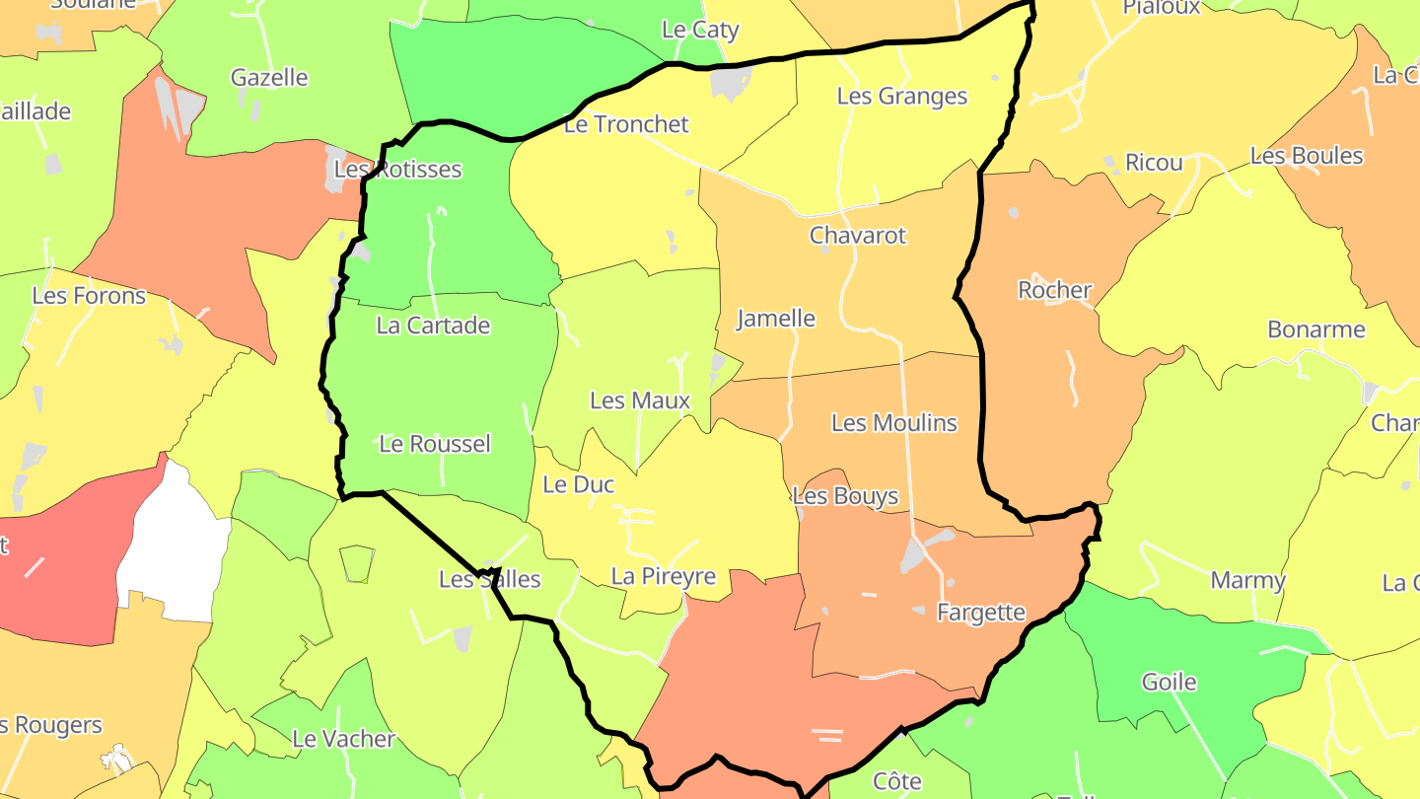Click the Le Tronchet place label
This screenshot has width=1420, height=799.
(626, 124)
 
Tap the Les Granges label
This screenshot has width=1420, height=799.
(902, 96)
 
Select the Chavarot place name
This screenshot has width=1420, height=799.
(857, 236)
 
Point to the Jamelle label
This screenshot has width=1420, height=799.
(776, 319)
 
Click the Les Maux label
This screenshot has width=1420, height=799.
(640, 400)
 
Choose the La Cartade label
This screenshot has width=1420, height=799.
(433, 326)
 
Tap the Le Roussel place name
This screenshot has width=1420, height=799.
(435, 444)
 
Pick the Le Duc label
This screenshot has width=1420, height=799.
(579, 484)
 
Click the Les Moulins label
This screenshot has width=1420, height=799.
(894, 423)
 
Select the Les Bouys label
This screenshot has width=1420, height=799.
(846, 496)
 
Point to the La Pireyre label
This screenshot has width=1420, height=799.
(664, 576)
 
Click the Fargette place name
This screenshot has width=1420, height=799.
(981, 613)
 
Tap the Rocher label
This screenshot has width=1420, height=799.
(1054, 290)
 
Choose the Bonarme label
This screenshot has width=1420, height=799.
(1316, 329)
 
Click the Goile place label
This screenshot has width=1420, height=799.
(1169, 682)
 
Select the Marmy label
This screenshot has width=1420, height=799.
(1247, 580)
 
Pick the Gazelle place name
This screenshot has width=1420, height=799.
(269, 77)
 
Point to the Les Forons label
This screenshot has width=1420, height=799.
(89, 295)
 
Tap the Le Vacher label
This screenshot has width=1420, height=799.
(343, 739)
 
